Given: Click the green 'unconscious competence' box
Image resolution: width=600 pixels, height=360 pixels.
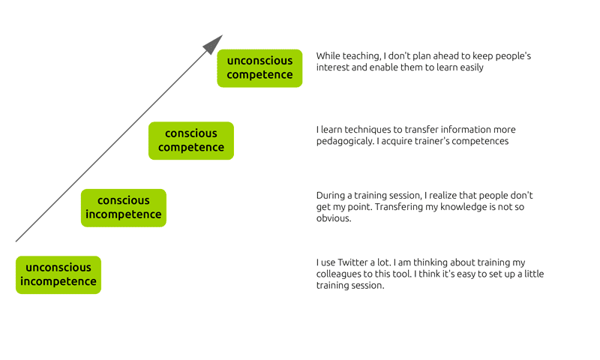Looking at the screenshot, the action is tap(259, 68).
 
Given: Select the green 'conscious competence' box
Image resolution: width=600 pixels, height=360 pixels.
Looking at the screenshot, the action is tap(191, 140).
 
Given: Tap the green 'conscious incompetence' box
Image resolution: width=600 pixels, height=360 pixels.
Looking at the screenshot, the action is tap(124, 208).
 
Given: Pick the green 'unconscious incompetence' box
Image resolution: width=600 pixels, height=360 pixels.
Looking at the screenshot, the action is tap(58, 274).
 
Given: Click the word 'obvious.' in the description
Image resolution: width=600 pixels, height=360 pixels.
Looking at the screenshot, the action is tap(334, 218).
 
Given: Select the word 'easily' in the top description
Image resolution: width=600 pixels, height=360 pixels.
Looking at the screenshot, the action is tap(472, 67).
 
